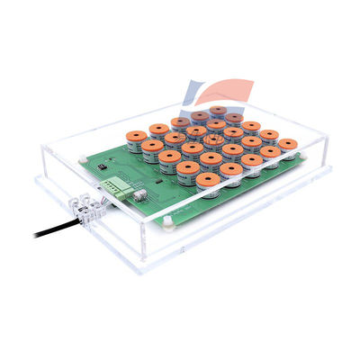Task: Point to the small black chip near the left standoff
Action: (105, 167)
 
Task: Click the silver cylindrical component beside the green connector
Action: (139, 194)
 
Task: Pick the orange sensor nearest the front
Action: (208, 181)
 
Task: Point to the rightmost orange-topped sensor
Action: (287, 145)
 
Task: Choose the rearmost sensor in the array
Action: (218, 111)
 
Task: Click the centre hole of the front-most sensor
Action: (208, 178)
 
